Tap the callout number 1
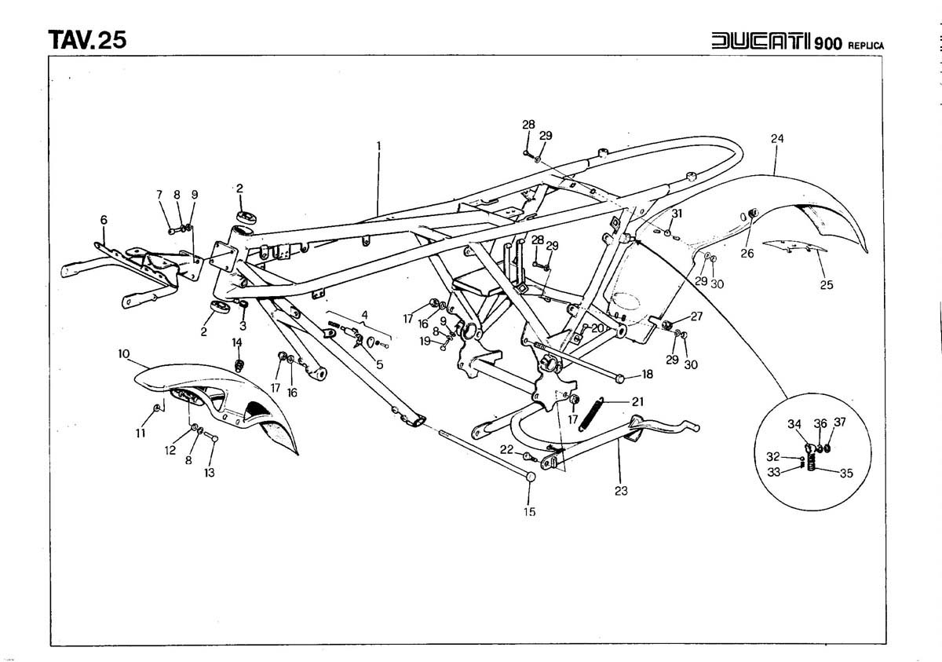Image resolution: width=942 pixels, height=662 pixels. (378, 145)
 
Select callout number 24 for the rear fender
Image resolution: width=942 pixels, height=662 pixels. (777, 139)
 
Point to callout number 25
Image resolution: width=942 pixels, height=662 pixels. (827, 285)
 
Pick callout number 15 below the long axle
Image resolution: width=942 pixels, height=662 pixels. (530, 511)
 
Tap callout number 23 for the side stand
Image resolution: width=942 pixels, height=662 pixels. (622, 491)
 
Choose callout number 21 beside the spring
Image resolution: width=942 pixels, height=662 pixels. (637, 401)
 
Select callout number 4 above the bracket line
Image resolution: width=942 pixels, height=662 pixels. (363, 316)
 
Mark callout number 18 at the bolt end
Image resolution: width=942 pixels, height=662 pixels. (647, 375)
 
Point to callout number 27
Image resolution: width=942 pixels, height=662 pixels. (696, 316)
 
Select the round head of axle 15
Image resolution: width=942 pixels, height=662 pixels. (530, 477)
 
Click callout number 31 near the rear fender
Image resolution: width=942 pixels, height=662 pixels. (677, 214)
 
